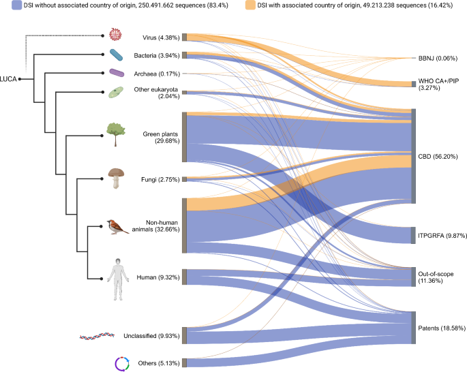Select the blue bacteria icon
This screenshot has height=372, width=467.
tap(116, 55)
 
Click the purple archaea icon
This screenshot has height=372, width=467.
tap(117, 72)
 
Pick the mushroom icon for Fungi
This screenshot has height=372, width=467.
tap(116, 178)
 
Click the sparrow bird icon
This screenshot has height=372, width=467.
tap(117, 227)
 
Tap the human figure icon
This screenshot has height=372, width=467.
tap(120, 278)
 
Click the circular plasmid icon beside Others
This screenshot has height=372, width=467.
tap(121, 363)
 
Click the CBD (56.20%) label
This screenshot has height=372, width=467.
tap(438, 156)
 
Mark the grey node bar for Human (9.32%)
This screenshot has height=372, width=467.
tap(184, 277)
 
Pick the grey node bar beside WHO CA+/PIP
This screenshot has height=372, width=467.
tap(413, 84)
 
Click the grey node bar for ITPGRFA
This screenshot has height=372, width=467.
tap(413, 235)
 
